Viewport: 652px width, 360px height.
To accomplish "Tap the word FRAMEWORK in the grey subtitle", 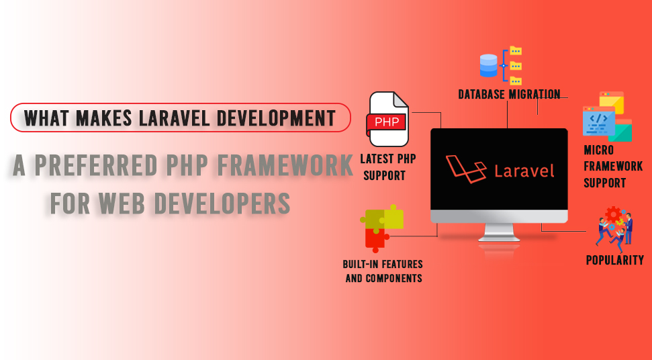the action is (x=285, y=165).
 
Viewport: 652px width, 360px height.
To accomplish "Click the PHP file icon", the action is (x=388, y=119).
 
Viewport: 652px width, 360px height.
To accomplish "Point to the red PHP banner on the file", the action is (x=386, y=122).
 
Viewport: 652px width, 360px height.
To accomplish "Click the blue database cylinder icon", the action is (x=489, y=66).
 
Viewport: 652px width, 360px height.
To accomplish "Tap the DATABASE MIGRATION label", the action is (x=509, y=94).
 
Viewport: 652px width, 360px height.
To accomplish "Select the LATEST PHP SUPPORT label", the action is (x=387, y=167).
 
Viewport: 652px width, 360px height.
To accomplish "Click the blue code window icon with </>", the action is (x=599, y=121).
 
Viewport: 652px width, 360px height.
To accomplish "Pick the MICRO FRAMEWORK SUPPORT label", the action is (x=613, y=167).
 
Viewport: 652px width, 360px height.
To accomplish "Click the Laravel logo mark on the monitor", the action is (x=466, y=169).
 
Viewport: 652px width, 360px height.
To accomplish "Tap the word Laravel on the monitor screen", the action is (x=524, y=171).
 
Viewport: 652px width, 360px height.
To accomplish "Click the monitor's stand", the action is (x=499, y=232).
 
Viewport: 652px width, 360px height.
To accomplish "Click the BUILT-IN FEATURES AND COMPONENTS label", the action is (x=383, y=271).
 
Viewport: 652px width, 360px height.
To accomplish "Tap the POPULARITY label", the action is (x=614, y=260).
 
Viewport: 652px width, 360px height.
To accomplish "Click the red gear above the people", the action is (x=613, y=214).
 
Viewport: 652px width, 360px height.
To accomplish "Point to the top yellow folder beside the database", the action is (x=516, y=51).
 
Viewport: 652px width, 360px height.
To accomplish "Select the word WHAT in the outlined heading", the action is (x=46, y=118).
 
